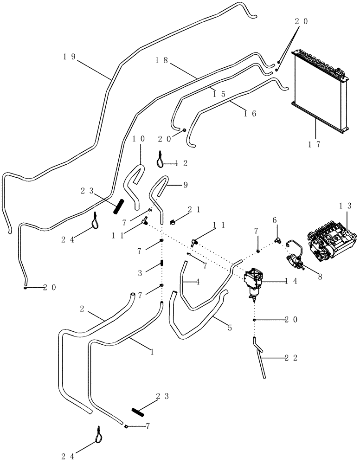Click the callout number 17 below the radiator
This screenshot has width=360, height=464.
315,144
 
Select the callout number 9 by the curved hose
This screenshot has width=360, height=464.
185,184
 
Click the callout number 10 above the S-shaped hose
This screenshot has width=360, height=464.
139,139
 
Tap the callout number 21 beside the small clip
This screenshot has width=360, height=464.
194,210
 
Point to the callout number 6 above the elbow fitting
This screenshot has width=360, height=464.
274,220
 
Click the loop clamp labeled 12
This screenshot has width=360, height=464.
160,160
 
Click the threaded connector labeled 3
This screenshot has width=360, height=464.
162,263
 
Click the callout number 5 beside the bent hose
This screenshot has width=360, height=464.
229,328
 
